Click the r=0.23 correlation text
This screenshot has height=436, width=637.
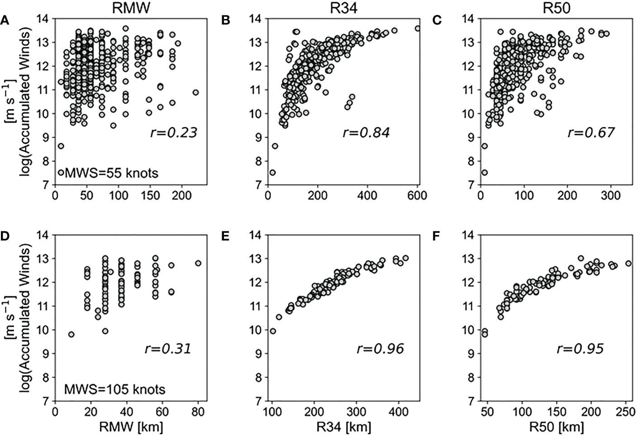[173, 133]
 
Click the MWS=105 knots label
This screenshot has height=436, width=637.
[114, 389]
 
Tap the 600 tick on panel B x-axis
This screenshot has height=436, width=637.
[417, 195]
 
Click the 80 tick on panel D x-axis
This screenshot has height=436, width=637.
[197, 411]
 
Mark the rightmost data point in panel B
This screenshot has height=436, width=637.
[418, 29]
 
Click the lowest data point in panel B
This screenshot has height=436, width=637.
[273, 172]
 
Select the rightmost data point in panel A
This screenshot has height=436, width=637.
[195, 92]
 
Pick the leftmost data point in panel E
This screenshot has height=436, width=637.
[273, 331]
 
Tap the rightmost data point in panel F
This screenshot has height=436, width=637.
[628, 264]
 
